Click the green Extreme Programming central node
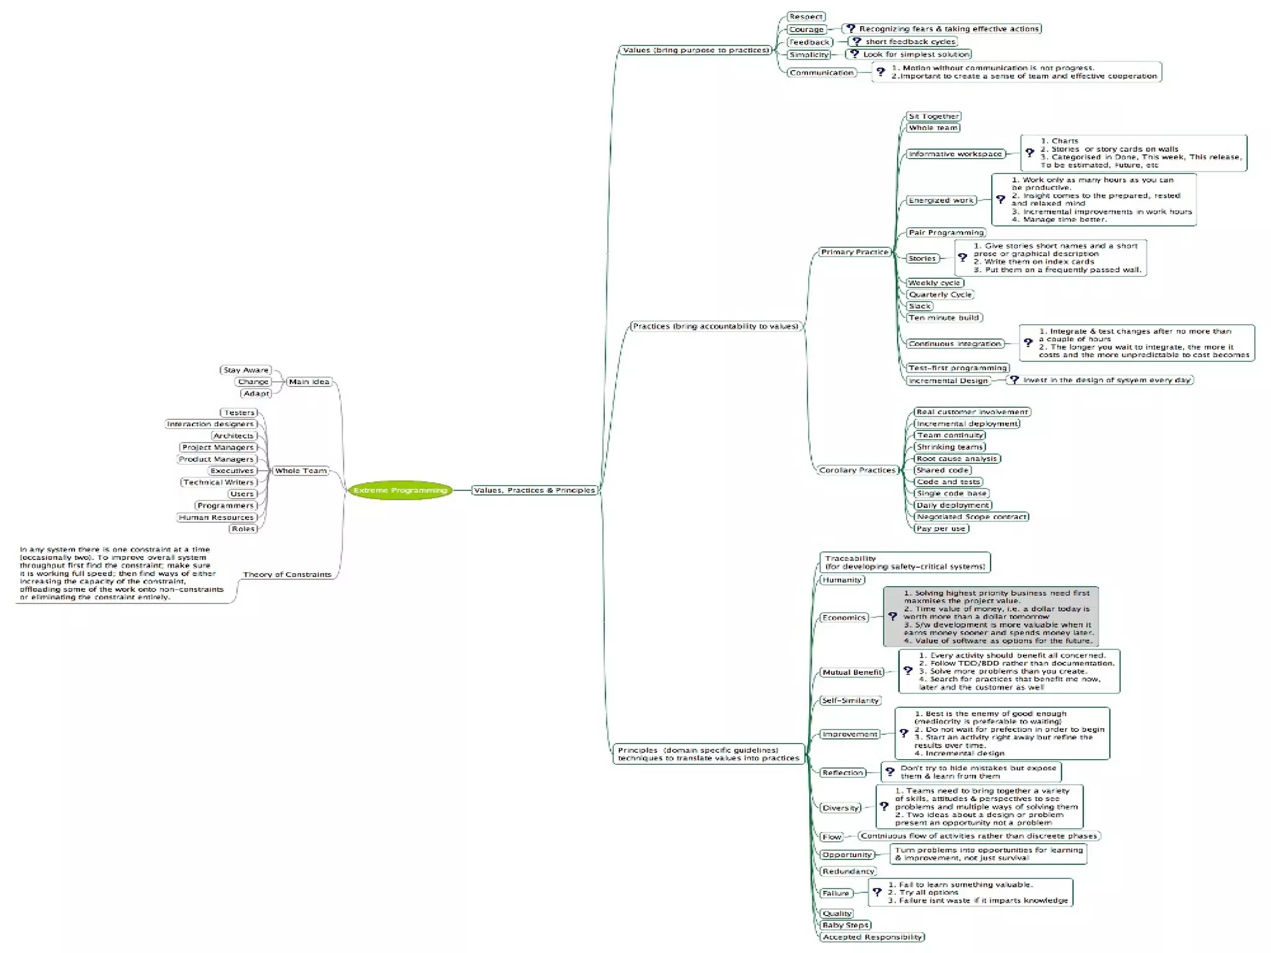400,490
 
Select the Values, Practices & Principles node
534,490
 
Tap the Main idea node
309,382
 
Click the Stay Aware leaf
246,370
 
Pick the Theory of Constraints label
287,575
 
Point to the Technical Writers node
218,482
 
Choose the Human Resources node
216,518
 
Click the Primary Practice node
855,252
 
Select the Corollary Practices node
857,471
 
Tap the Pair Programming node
946,233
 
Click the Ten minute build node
944,318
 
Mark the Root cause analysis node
957,459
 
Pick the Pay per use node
941,529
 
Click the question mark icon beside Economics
892,617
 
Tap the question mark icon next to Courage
851,29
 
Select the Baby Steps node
845,925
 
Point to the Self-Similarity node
850,701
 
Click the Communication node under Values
821,73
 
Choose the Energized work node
941,201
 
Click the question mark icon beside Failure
877,892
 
